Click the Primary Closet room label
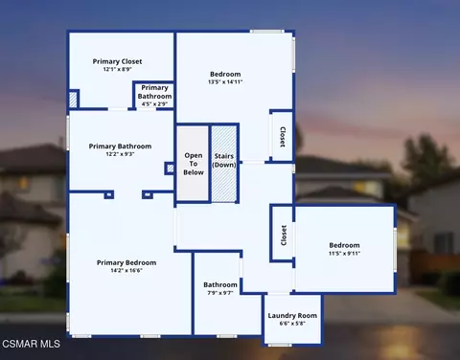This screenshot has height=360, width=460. [x=117, y=61]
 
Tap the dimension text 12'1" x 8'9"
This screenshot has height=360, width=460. [x=117, y=69]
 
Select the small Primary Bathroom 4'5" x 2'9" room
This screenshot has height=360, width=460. [x=154, y=96]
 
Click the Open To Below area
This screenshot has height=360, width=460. [x=193, y=164]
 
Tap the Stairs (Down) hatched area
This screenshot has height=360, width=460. [x=224, y=164]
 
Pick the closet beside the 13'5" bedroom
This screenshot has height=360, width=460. [x=282, y=136]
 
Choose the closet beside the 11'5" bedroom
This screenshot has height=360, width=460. [x=283, y=235]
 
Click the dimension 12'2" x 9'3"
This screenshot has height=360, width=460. [x=120, y=154]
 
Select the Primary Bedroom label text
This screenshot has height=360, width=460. [x=126, y=262]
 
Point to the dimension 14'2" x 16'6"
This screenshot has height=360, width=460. [x=126, y=271]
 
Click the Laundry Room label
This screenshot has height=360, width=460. [x=292, y=315]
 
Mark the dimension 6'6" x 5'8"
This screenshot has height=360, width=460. [x=292, y=324]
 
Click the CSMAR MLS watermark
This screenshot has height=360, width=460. [x=31, y=344]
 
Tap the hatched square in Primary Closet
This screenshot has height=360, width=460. [x=73, y=100]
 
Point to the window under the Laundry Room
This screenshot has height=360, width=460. [x=280, y=345]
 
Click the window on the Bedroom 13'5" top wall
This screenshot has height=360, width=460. [x=266, y=32]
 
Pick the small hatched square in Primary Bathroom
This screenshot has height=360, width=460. [x=171, y=169]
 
